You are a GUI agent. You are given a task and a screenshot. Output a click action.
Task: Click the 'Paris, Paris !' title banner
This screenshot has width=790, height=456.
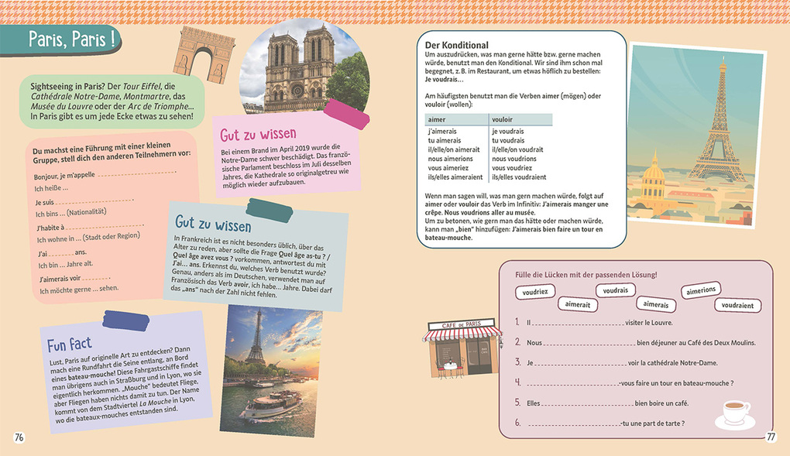coord(70,41)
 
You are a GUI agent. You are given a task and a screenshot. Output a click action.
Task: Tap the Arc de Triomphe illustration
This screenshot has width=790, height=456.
coord(204,50)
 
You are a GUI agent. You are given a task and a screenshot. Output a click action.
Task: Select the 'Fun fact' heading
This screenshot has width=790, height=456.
coord(69,344)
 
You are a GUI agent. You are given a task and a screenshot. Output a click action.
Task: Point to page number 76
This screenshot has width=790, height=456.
coord(20,437)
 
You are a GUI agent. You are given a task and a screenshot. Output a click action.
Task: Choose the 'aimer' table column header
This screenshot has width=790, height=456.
coord(437,119)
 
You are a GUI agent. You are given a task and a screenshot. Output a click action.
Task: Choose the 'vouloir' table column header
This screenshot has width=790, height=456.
coord(503,119)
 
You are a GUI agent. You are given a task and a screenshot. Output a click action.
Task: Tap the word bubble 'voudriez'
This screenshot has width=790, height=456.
coord(535,293)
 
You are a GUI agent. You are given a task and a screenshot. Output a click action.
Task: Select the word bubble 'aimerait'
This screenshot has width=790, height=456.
coord(578,305)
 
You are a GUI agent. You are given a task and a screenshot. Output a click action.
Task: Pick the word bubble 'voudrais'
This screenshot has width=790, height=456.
coord(615,290)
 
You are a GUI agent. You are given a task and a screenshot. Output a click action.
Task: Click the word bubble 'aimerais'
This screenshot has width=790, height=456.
coord(655,305)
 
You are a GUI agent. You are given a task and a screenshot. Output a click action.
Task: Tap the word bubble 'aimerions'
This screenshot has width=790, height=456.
coord(700,290)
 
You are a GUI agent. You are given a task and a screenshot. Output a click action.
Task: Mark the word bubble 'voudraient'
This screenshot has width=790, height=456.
coord(737,305)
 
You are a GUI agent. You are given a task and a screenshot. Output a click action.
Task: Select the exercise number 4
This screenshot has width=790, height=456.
coord(517,382)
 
